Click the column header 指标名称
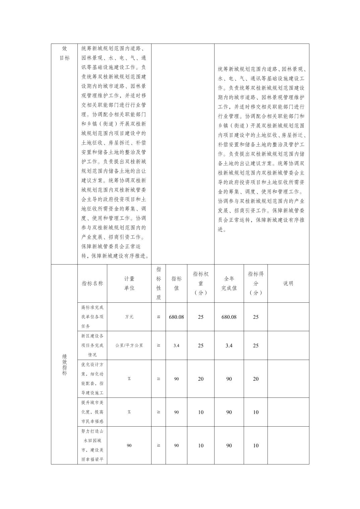[x=92, y=283]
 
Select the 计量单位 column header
[x=129, y=283]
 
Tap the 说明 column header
[x=288, y=283]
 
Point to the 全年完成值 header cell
[x=229, y=283]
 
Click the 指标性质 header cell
[x=159, y=283]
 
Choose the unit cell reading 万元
[x=129, y=317]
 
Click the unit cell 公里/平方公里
[x=129, y=345]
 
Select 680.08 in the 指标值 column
[x=176, y=317]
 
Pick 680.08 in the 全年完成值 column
[x=229, y=317]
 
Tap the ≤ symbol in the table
[x=159, y=317]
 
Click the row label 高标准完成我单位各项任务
[x=92, y=317]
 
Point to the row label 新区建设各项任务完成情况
[x=92, y=345]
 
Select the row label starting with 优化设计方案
[x=92, y=379]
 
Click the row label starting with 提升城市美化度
[x=92, y=412]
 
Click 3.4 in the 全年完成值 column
[x=229, y=345]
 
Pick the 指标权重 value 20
[x=200, y=379]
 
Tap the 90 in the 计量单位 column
[x=129, y=445]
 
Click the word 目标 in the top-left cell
[x=64, y=58]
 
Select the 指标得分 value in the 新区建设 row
[x=256, y=345]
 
